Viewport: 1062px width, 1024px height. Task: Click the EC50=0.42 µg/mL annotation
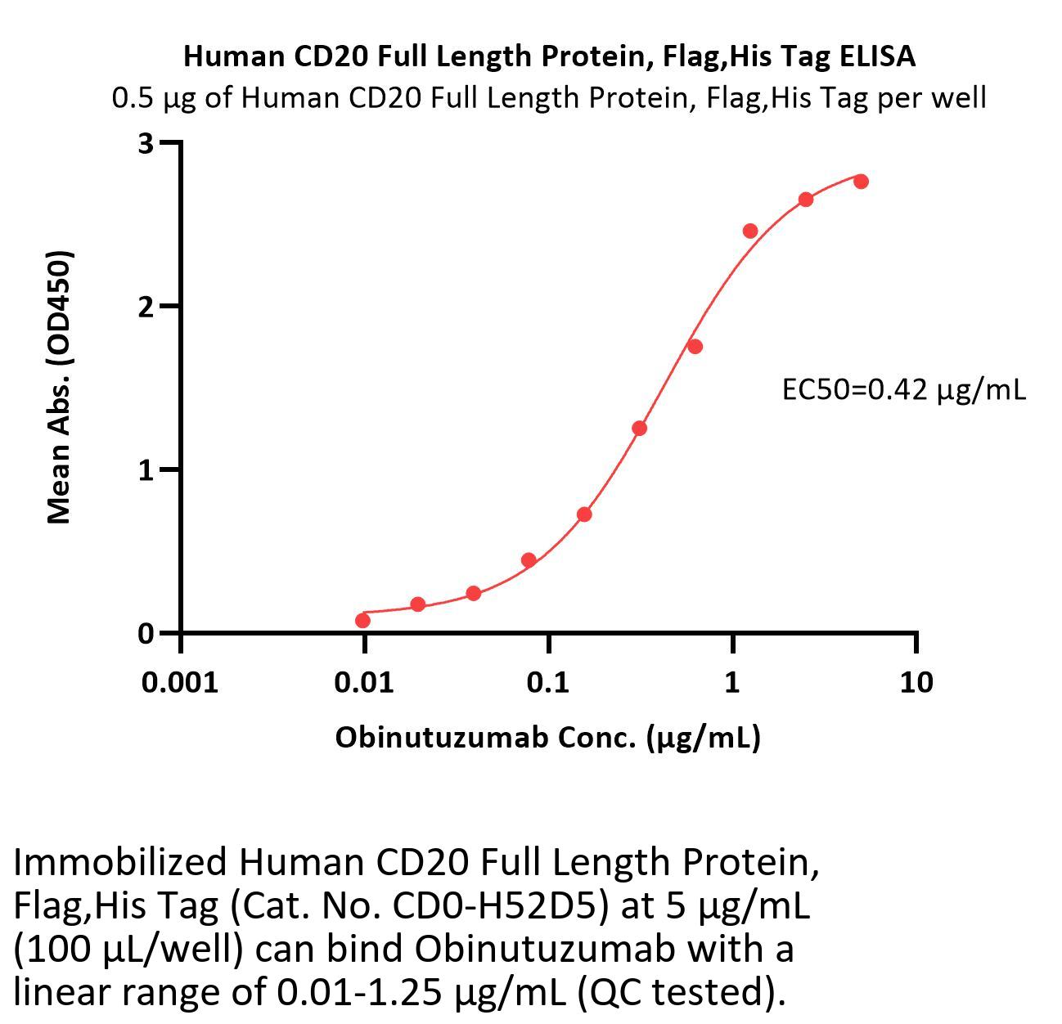point(903,390)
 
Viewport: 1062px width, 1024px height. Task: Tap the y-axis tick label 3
point(146,143)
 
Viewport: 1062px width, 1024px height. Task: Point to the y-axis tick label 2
point(146,307)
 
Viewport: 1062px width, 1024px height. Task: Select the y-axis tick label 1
point(146,470)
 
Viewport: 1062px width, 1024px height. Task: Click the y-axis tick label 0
point(146,633)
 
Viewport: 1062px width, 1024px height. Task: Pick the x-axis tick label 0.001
point(180,681)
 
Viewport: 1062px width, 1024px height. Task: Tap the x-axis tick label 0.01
point(364,681)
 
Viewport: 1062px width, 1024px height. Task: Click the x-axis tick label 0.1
point(548,681)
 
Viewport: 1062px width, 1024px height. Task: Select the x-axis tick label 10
point(916,681)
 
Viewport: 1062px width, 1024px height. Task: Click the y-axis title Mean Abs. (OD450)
point(60,386)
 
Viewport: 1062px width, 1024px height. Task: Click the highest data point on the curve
point(861,182)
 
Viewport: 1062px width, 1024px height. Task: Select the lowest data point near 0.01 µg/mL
point(362,621)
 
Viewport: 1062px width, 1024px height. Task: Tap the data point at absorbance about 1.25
point(640,429)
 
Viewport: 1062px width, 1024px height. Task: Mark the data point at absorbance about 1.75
point(695,347)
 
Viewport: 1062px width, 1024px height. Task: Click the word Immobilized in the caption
point(120,862)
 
